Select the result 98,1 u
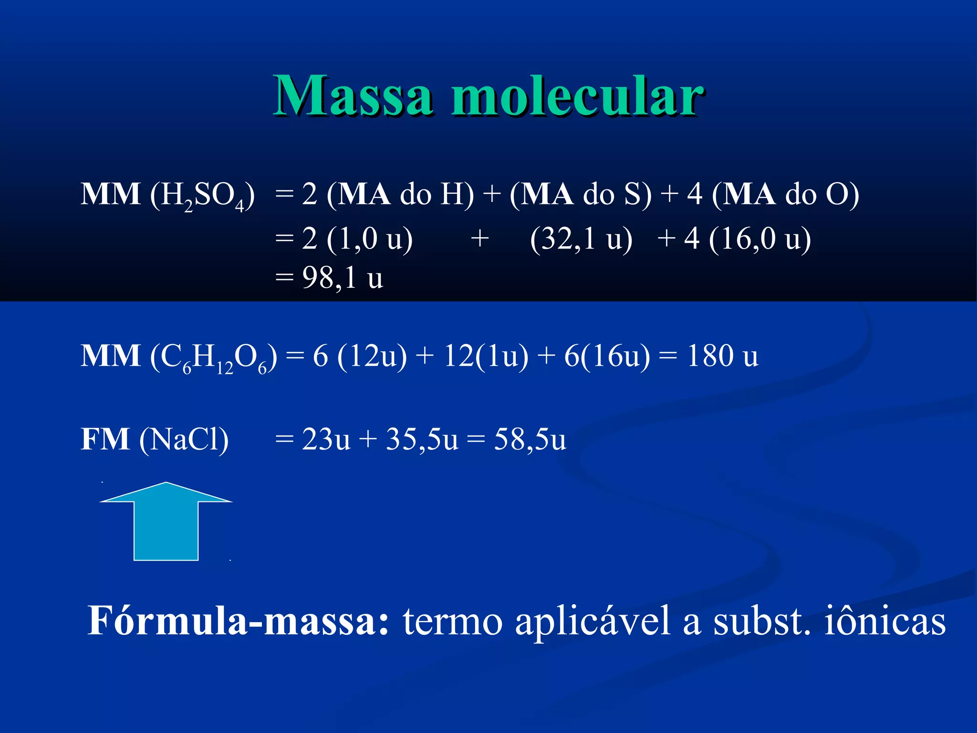point(342,278)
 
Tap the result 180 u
point(722,356)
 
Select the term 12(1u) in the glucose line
point(486,356)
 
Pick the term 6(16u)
point(607,356)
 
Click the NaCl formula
point(184,439)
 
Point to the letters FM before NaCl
point(105,439)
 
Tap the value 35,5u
point(422,439)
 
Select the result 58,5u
point(530,439)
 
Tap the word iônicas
point(884,621)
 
